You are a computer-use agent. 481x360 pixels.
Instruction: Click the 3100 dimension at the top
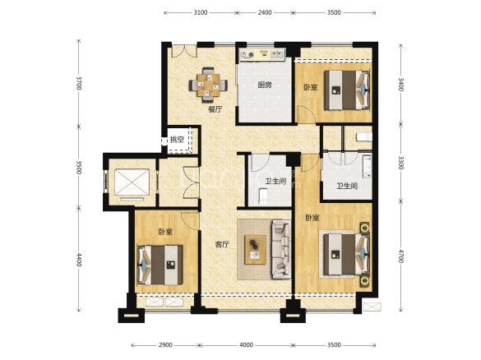(x=201, y=12)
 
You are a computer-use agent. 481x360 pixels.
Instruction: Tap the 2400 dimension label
(x=265, y=12)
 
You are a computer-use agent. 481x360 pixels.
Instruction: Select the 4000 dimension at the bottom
(x=246, y=345)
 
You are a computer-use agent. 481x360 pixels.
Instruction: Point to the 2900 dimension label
(x=165, y=345)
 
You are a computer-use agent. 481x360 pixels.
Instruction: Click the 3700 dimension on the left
(x=79, y=83)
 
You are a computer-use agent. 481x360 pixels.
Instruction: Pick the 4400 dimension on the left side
(x=79, y=260)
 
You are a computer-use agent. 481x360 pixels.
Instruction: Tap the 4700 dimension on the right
(x=400, y=256)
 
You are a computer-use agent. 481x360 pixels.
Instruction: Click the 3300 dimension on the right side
(x=400, y=163)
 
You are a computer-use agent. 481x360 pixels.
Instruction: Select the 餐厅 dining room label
(x=215, y=109)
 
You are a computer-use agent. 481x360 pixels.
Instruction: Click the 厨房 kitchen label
(x=265, y=85)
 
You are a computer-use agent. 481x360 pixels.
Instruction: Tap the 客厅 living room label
(x=222, y=244)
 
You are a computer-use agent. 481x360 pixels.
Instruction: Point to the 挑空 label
(x=177, y=140)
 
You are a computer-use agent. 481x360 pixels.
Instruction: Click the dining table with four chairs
(x=208, y=85)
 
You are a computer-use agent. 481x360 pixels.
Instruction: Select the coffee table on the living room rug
(x=255, y=250)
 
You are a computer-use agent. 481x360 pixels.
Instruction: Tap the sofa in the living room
(x=280, y=250)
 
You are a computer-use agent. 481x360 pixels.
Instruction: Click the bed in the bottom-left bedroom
(x=160, y=265)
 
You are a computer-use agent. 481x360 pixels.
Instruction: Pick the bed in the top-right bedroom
(x=347, y=90)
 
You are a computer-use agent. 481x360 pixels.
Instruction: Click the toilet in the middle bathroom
(x=263, y=196)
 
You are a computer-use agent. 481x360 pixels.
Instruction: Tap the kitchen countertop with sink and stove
(x=262, y=54)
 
